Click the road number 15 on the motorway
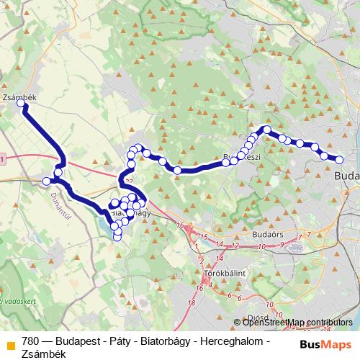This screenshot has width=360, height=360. (205, 237)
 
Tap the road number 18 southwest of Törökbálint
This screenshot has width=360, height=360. (190, 304)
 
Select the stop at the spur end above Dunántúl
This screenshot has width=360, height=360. (47, 181)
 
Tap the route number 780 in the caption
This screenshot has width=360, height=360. (31, 341)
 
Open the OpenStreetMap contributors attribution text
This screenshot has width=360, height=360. (297, 323)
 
